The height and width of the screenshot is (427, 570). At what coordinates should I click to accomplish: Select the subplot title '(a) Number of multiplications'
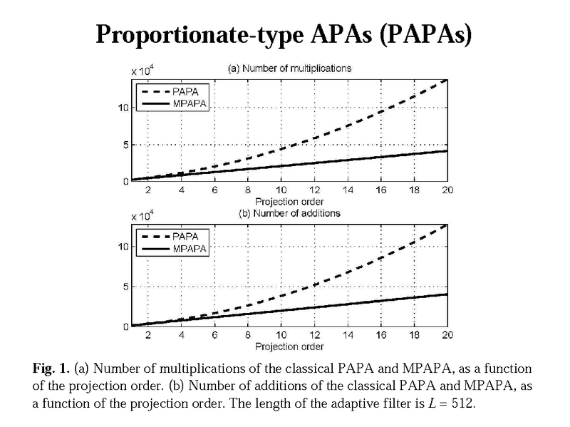289,69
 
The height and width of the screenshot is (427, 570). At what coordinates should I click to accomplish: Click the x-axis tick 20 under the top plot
446,191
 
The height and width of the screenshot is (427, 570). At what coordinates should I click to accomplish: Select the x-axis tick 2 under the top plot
147,191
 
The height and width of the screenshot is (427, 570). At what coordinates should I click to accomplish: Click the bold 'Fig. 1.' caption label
50,369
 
